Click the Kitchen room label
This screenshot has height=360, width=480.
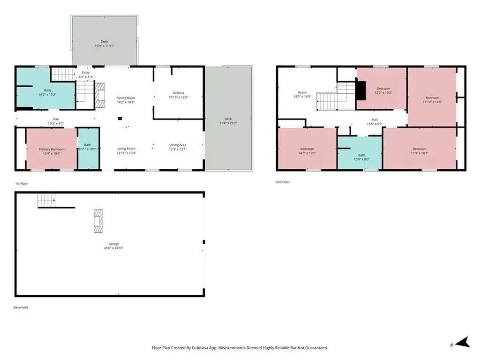click(179, 93)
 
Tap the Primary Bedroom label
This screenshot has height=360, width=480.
click(52, 150)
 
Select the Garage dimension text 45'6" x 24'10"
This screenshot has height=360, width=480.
click(113, 248)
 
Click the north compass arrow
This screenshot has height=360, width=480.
click(463, 342)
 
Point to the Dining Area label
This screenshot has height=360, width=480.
click(178, 145)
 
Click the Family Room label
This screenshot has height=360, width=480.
click(126, 98)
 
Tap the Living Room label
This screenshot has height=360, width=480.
click(126, 149)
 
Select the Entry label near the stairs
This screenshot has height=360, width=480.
click(86, 73)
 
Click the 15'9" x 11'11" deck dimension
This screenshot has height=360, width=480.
click(105, 46)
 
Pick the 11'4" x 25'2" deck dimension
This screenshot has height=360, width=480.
click(228, 123)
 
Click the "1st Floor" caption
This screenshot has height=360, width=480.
click(22, 184)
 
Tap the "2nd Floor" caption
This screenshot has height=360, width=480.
click(283, 182)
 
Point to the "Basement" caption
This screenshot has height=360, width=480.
click(21, 307)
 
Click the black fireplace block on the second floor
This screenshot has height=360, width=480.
click(361, 90)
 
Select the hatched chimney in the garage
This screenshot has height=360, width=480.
click(98, 221)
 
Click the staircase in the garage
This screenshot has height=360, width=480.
click(46, 200)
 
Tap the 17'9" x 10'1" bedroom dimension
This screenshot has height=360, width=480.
click(420, 153)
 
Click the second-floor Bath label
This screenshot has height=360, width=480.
click(361, 155)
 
